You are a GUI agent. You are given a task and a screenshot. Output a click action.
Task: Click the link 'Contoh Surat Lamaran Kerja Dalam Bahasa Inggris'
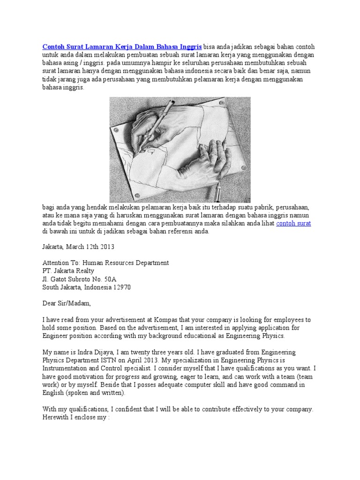point(122,47)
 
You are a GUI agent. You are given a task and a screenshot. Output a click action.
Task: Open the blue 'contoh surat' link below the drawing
point(293,224)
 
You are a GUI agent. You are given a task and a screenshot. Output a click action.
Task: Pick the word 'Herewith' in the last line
point(56,417)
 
